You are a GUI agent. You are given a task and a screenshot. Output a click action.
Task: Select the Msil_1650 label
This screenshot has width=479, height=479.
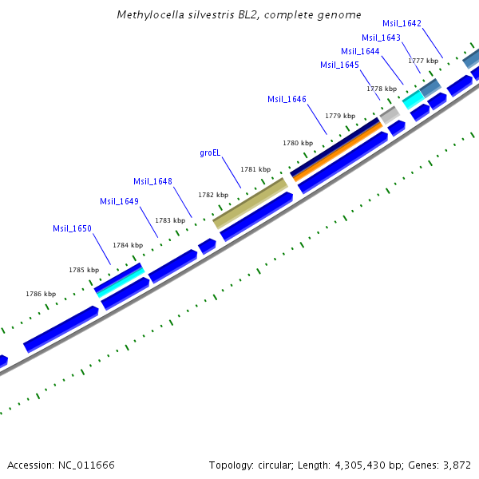click(x=72, y=228)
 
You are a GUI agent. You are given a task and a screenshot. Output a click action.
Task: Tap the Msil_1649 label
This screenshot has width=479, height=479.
click(x=119, y=200)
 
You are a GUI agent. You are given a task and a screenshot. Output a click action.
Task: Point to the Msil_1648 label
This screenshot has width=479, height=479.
click(x=152, y=181)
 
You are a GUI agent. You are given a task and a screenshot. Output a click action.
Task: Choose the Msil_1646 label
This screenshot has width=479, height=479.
click(x=287, y=99)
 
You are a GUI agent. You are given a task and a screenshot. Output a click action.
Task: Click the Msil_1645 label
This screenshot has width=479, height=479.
click(x=339, y=65)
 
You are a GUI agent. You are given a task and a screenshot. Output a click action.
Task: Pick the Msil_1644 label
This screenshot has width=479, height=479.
click(x=360, y=51)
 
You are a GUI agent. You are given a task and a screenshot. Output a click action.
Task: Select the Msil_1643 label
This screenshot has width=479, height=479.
click(x=381, y=38)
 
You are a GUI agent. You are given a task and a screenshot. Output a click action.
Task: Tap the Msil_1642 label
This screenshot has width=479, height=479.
click(x=402, y=23)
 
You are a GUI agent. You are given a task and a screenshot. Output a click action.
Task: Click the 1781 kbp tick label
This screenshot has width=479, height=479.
click(x=255, y=169)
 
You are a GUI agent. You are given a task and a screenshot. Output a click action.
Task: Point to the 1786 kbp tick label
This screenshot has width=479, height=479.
click(x=41, y=294)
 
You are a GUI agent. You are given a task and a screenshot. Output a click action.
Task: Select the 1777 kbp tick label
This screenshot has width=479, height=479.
click(x=423, y=61)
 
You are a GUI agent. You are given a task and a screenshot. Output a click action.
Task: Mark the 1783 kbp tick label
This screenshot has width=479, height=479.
click(x=170, y=220)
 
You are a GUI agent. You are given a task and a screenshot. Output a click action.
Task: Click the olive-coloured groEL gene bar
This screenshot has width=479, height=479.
click(x=250, y=202)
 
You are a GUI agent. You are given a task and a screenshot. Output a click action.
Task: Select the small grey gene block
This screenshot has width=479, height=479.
click(x=390, y=115)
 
